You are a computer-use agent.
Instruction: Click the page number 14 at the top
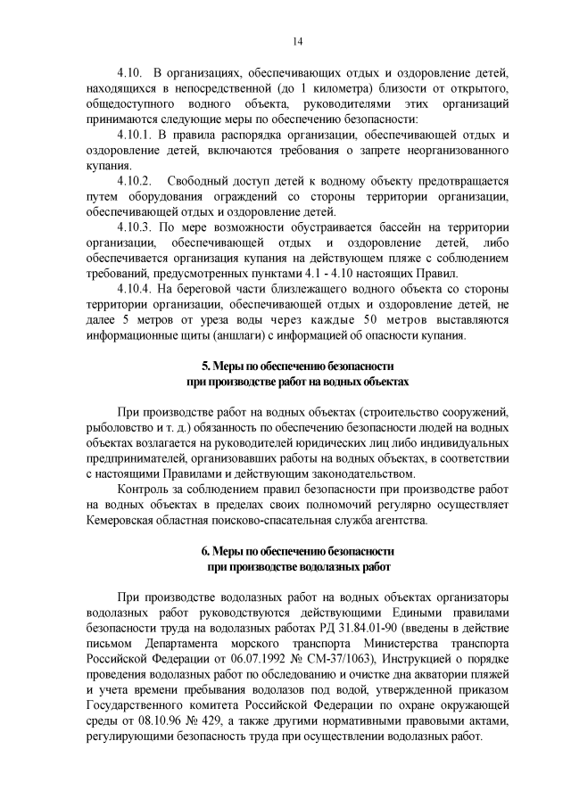298,41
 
